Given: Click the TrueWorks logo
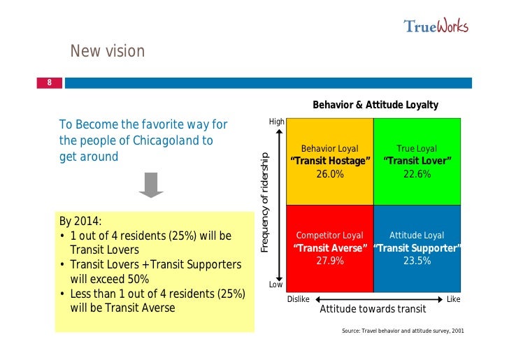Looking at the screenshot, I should tap(436, 26).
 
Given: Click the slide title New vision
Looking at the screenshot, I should tap(107, 51).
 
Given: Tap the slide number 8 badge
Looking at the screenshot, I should tap(50, 82).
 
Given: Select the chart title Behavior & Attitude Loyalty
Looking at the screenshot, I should tap(375, 105).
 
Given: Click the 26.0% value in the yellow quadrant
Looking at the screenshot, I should tap(330, 174).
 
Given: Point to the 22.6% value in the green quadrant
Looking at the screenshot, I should tap(417, 174).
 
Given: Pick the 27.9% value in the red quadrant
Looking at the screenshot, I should tap(330, 261).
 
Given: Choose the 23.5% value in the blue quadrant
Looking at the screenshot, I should tap(417, 261).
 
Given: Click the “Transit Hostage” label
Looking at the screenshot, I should tap(330, 161).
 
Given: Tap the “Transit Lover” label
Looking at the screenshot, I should tap(417, 161).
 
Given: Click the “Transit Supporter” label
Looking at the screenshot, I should tap(417, 248).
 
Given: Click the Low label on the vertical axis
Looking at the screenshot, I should tap(277, 285).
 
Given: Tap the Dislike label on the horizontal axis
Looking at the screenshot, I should tap(299, 299).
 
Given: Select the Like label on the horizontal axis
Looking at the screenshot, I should tap(453, 299).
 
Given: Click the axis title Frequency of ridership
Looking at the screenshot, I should tap(265, 202).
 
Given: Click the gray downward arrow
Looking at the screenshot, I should tap(150, 185).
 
